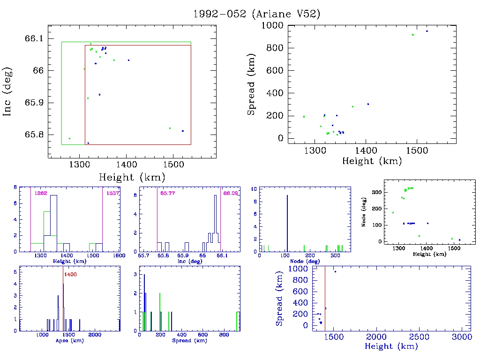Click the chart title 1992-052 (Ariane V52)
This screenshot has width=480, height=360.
[257, 14]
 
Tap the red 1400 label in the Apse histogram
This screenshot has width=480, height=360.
[70, 274]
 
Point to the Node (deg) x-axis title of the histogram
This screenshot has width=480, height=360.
[305, 261]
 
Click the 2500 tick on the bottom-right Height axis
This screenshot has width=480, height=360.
[418, 337]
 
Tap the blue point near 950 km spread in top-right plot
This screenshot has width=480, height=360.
[427, 31]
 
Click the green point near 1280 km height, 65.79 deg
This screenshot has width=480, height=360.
[69, 138]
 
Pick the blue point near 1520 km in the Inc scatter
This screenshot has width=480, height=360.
[182, 131]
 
